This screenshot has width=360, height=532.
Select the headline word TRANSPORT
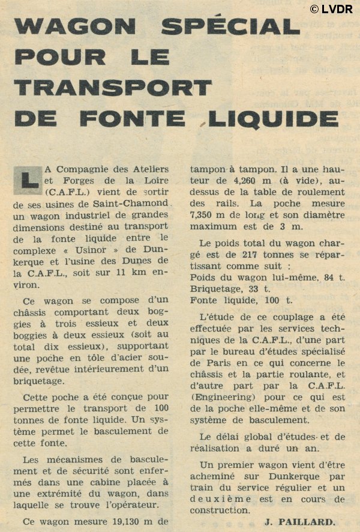point(113,87)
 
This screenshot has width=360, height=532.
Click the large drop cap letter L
point(26,179)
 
